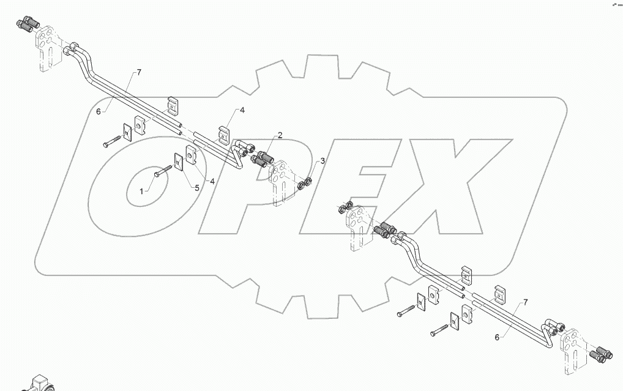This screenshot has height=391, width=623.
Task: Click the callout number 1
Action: (x=141, y=192)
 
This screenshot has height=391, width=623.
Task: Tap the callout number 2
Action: (x=279, y=135)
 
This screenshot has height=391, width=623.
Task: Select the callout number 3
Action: (x=323, y=161)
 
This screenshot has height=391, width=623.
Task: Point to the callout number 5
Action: (x=197, y=188)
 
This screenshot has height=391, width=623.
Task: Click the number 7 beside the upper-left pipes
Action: (x=139, y=73)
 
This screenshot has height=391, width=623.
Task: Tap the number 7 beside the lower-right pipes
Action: (x=524, y=303)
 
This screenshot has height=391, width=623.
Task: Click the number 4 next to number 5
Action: (x=211, y=181)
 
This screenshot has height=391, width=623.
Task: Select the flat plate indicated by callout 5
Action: (x=179, y=162)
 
